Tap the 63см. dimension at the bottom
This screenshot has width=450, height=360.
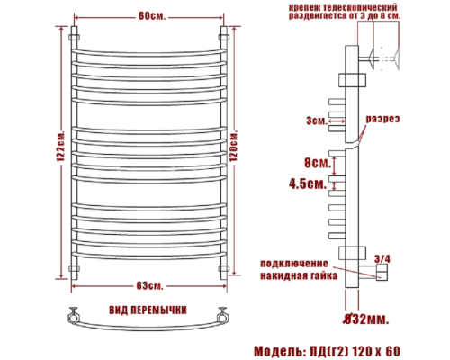[150, 286]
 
